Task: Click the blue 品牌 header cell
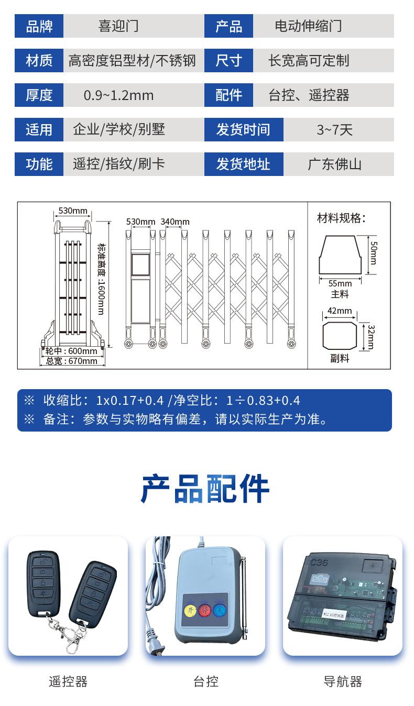click(x=39, y=26)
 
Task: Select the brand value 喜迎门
click(x=118, y=26)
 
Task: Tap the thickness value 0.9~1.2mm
click(x=118, y=95)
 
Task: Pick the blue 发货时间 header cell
click(x=243, y=130)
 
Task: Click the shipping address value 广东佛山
click(x=334, y=164)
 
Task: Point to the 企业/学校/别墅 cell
click(x=119, y=130)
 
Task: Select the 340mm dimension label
click(x=175, y=222)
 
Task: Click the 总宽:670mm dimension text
click(x=72, y=361)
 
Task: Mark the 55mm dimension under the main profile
click(x=340, y=283)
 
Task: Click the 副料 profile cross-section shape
click(x=340, y=335)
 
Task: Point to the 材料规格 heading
click(x=341, y=218)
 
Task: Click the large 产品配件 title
click(x=205, y=489)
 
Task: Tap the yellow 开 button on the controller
click(x=190, y=610)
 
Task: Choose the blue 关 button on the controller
click(x=219, y=610)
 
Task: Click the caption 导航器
click(x=343, y=681)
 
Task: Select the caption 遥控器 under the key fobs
click(x=68, y=681)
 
